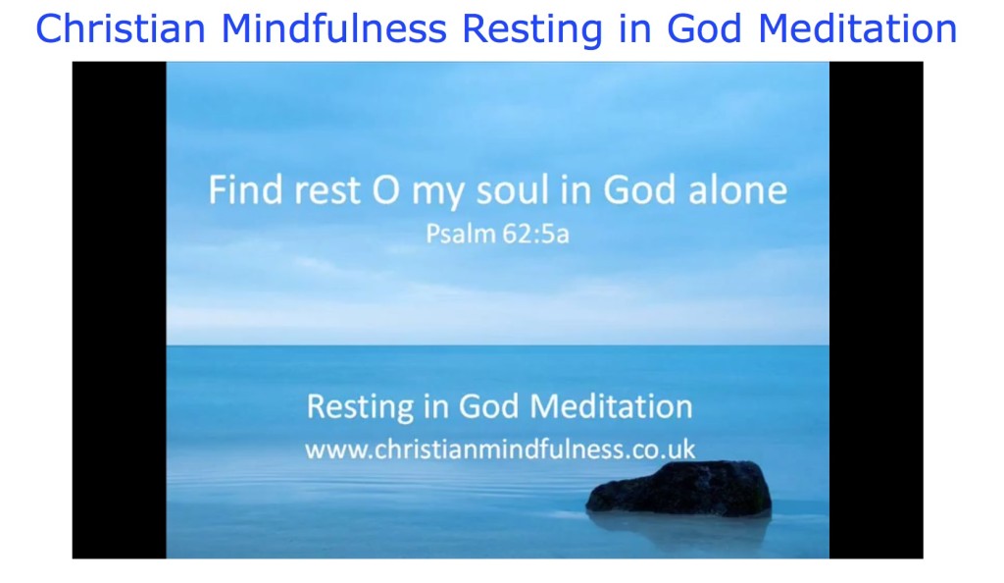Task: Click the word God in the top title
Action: [705, 29]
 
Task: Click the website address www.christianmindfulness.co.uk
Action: [500, 450]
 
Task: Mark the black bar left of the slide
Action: [119, 309]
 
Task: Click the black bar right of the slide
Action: [876, 309]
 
